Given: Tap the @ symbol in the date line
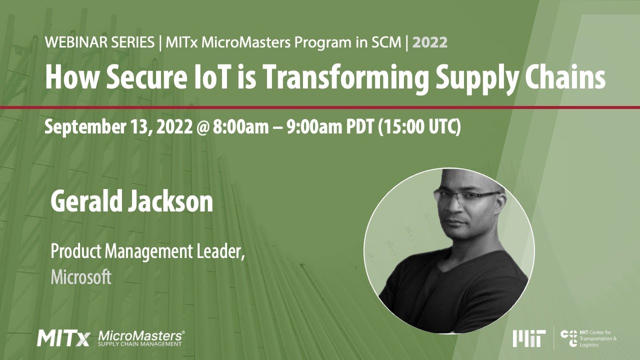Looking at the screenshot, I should (x=201, y=127).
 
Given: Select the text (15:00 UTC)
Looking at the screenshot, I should (x=419, y=127).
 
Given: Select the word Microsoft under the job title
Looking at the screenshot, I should (x=80, y=276).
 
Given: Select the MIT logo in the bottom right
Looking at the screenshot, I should (x=529, y=338).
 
